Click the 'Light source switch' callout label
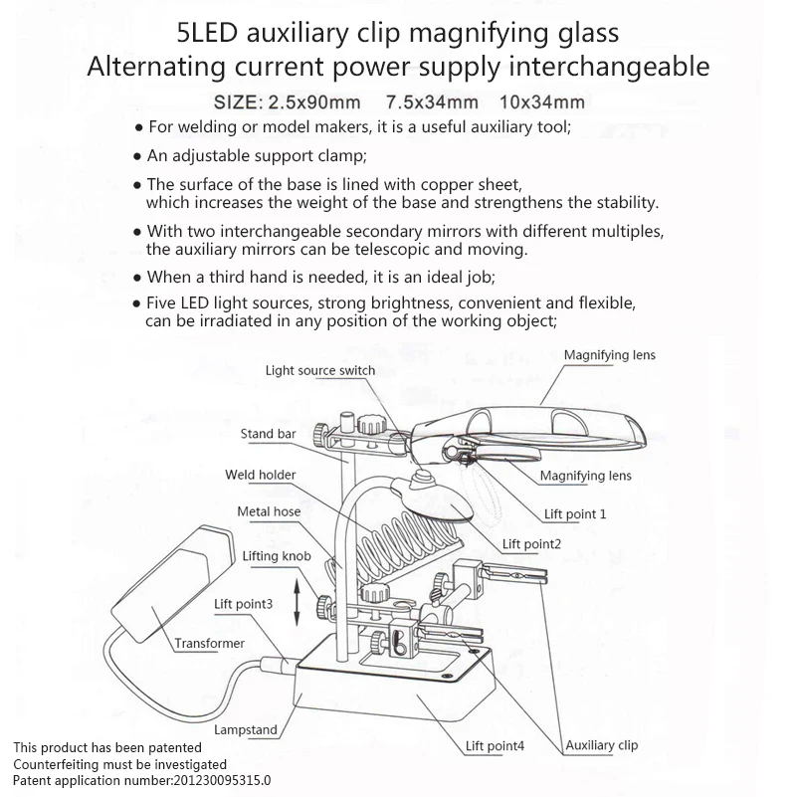(319, 371)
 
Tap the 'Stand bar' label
(267, 434)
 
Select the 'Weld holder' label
(260, 476)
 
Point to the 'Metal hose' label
(269, 511)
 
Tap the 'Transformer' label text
(209, 643)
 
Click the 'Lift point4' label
(495, 745)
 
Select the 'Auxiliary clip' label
(601, 745)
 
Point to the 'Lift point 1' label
(575, 514)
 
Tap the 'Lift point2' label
(531, 543)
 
